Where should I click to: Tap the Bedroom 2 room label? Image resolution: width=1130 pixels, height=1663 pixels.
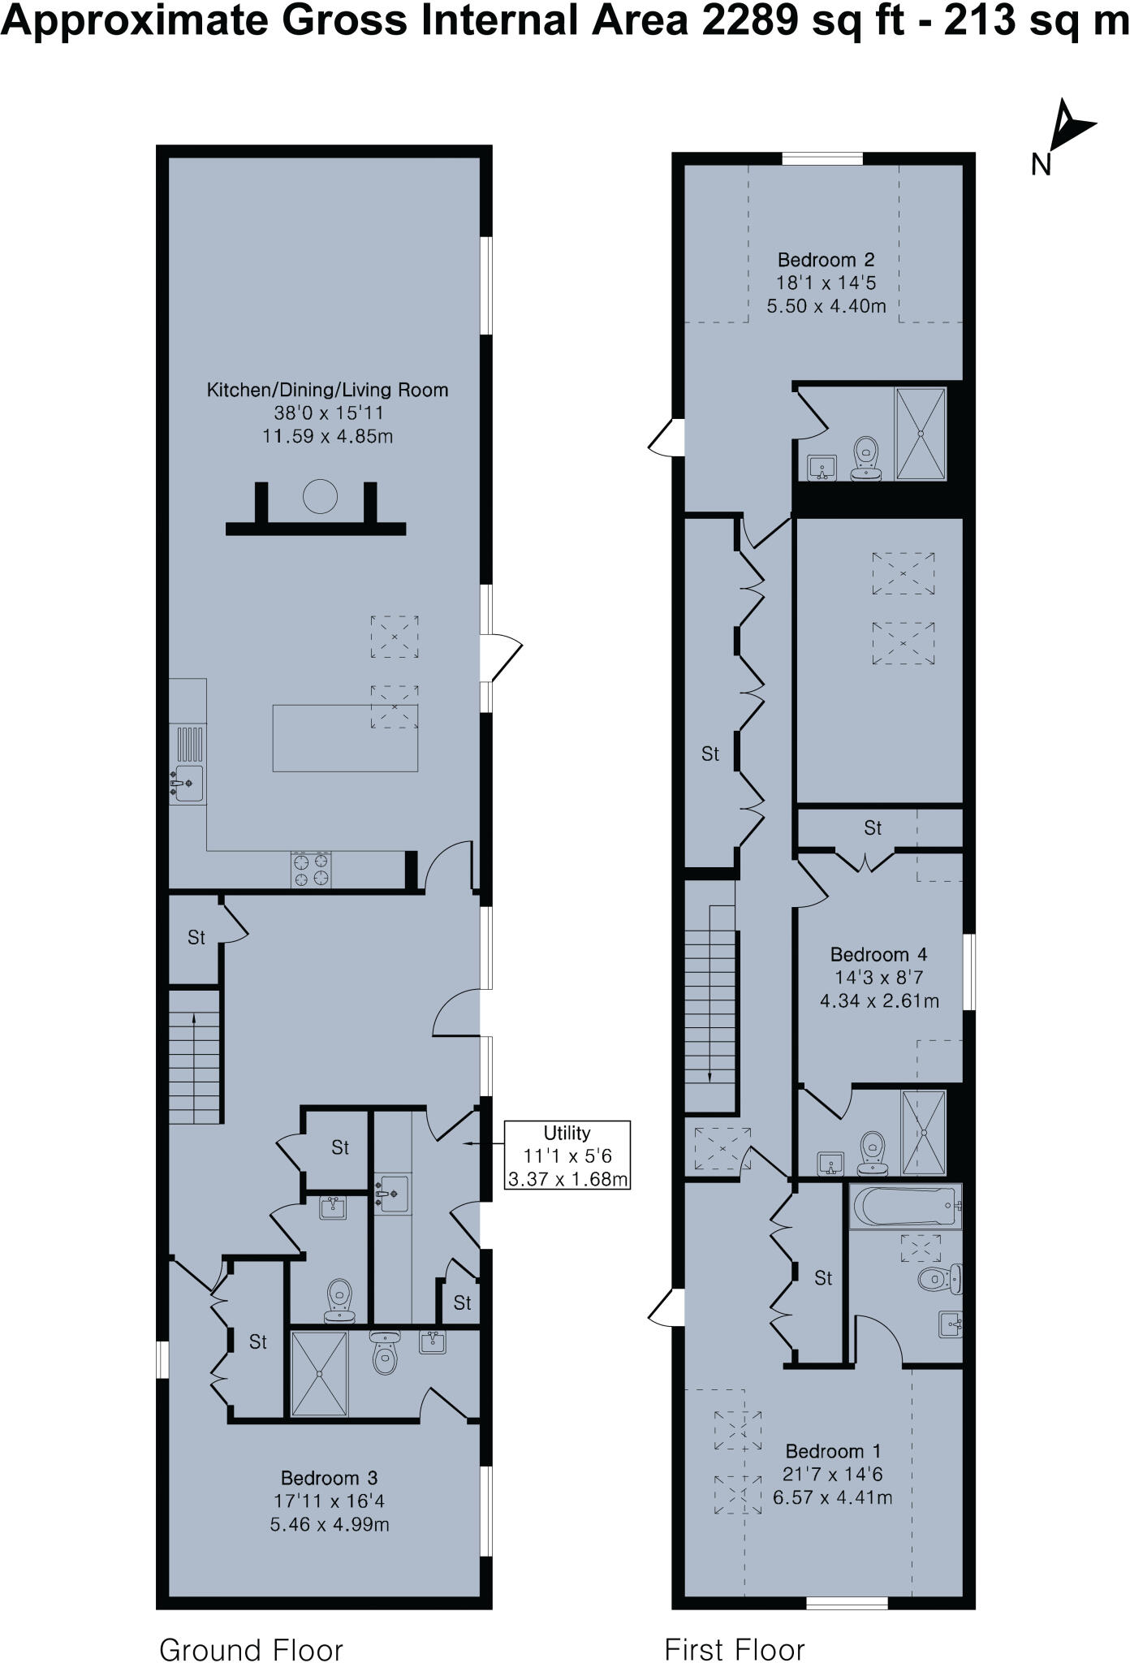826,261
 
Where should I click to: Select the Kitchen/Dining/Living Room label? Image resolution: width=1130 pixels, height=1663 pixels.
327,390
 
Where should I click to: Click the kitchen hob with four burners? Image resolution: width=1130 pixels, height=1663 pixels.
311,870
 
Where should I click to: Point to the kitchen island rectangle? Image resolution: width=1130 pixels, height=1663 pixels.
345,738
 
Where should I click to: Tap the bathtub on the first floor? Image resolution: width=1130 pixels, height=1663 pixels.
904,1206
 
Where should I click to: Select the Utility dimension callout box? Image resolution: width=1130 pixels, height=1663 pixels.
567,1155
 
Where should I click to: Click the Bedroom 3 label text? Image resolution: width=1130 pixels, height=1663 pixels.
329,1478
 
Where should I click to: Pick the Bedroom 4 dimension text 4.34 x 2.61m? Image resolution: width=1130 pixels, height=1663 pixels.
879,1000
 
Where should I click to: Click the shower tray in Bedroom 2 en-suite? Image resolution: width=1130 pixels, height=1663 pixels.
920,434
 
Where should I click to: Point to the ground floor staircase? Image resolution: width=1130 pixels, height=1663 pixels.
195,1056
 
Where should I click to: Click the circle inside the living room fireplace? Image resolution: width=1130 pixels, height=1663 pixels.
320,496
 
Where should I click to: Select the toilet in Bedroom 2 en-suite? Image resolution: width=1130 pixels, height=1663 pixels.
866,459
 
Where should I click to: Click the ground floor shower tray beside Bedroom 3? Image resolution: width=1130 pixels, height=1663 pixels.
319,1372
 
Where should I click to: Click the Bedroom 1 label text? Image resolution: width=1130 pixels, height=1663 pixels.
833,1451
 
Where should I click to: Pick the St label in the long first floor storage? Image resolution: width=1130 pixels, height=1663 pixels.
710,754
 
